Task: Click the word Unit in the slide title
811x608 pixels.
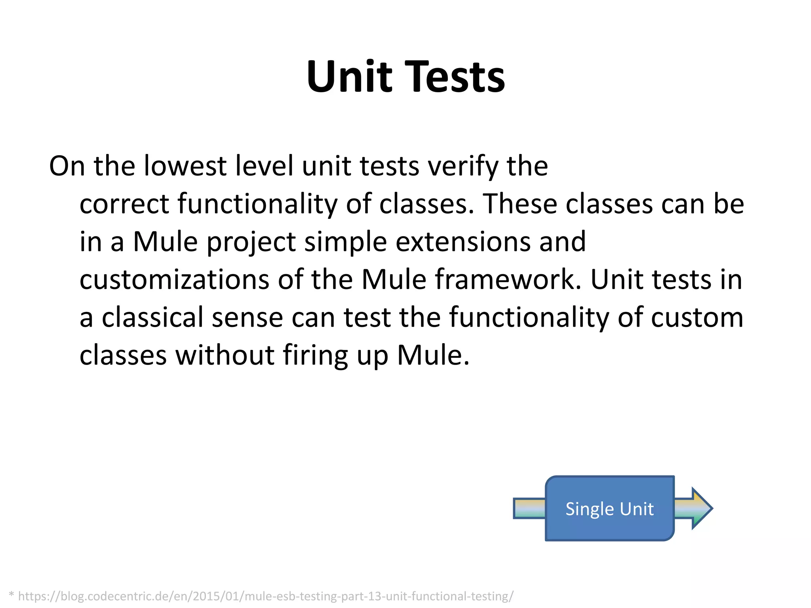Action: (x=349, y=76)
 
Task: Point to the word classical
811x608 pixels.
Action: (x=152, y=317)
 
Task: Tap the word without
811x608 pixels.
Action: (x=225, y=355)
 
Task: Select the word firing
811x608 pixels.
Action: (x=315, y=355)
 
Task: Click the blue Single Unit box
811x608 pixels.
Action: (x=609, y=509)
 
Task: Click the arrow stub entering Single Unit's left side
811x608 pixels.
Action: (x=529, y=509)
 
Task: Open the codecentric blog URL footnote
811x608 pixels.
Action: (x=266, y=596)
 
